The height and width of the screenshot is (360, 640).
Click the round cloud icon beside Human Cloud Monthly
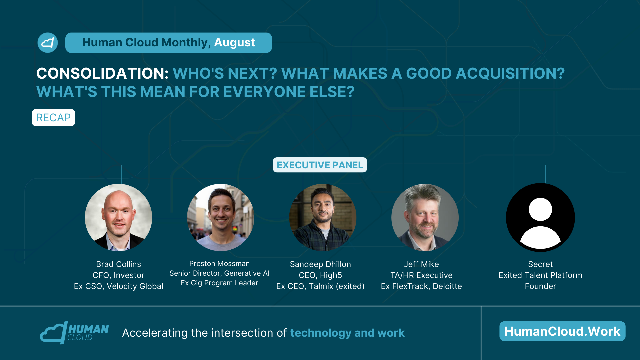pyautogui.click(x=48, y=43)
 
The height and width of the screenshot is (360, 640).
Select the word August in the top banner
pyautogui.click(x=234, y=43)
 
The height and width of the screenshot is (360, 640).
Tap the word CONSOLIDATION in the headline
pyautogui.click(x=103, y=73)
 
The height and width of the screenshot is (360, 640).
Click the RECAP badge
pyautogui.click(x=53, y=118)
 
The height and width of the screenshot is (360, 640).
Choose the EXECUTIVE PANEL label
pyautogui.click(x=320, y=165)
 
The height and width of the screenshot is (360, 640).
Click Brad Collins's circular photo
pyautogui.click(x=118, y=217)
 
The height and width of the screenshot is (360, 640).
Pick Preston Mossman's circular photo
pyautogui.click(x=221, y=217)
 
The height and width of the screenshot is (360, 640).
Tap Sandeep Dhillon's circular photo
pyautogui.click(x=323, y=217)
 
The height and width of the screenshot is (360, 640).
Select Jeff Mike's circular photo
pyautogui.click(x=425, y=217)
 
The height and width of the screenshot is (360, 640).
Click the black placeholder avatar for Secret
pyautogui.click(x=540, y=217)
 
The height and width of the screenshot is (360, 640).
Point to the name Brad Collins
pyautogui.click(x=118, y=264)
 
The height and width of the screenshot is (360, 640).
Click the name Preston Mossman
pyautogui.click(x=219, y=264)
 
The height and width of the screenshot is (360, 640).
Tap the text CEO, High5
pyautogui.click(x=320, y=275)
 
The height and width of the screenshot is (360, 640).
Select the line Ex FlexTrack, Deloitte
pyautogui.click(x=421, y=286)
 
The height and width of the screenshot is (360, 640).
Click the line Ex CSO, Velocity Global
pyautogui.click(x=118, y=286)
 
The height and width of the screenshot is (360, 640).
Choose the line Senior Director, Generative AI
pyautogui.click(x=219, y=273)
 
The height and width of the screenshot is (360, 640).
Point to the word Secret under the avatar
pyautogui.click(x=540, y=264)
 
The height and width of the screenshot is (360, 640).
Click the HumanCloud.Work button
pyautogui.click(x=562, y=331)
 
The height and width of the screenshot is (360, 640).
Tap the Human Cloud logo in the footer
pyautogui.click(x=74, y=333)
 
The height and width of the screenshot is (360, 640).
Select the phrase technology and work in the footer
pyautogui.click(x=347, y=333)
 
